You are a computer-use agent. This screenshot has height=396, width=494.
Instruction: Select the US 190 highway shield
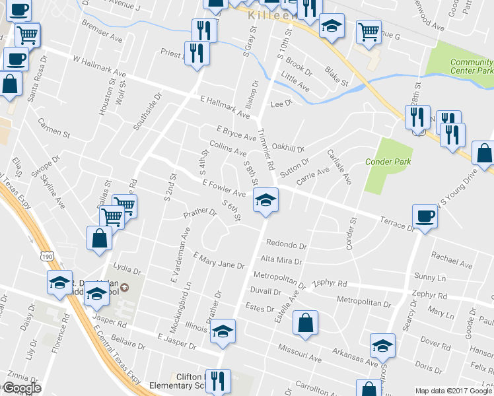tap(46, 255)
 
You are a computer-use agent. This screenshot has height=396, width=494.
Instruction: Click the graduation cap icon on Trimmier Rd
tap(265, 199)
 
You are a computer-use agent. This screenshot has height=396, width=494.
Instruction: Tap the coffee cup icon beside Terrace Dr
tap(424, 216)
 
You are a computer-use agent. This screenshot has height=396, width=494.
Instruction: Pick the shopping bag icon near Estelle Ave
tap(305, 323)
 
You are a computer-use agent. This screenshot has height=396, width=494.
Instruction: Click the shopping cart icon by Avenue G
tap(369, 30)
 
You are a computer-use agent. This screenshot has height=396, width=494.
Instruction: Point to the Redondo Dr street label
tap(287, 245)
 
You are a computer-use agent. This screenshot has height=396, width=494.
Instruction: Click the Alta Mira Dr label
tap(281, 260)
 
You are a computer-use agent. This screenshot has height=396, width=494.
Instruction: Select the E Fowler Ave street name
tap(224, 188)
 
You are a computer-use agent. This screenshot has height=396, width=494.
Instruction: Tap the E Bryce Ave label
tap(236, 133)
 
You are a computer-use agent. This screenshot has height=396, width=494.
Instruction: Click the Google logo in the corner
tap(21, 389)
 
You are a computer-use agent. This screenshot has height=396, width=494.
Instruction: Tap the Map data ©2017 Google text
tap(453, 391)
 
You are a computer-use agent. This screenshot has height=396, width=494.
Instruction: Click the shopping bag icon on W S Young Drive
tap(484, 153)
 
